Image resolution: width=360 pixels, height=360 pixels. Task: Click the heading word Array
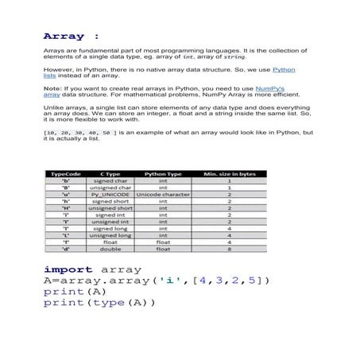(64, 37)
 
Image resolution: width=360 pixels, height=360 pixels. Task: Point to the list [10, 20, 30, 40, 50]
(82, 132)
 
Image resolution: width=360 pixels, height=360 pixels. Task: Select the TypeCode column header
(66, 173)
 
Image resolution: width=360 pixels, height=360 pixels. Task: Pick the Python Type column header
(163, 173)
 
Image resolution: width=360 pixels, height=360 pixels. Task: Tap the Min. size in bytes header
(230, 173)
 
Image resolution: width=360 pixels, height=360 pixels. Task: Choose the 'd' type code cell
(66, 249)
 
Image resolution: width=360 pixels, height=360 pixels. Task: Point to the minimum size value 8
(230, 249)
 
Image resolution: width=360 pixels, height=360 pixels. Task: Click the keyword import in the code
(67, 269)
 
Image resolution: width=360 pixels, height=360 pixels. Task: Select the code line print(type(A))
(99, 303)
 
